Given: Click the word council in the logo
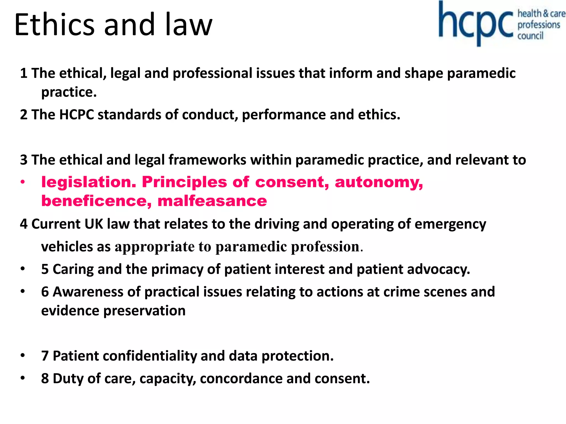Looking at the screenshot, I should click(530, 36).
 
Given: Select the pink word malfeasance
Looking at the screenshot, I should click(212, 201).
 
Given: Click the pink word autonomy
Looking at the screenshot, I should click(379, 182).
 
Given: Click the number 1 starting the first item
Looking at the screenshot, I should click(24, 73).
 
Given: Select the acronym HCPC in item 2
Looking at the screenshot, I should click(77, 115).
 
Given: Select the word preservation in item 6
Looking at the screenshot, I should click(144, 311).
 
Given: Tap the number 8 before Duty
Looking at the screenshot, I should click(45, 378).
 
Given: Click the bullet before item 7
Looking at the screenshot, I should click(23, 356).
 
